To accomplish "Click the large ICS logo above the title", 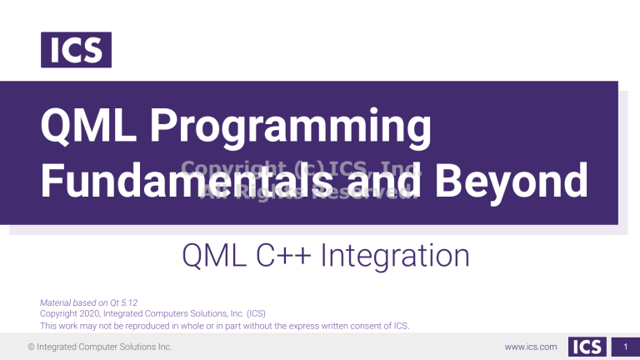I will click(x=75, y=50).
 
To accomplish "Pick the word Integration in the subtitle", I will click(x=393, y=255).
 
